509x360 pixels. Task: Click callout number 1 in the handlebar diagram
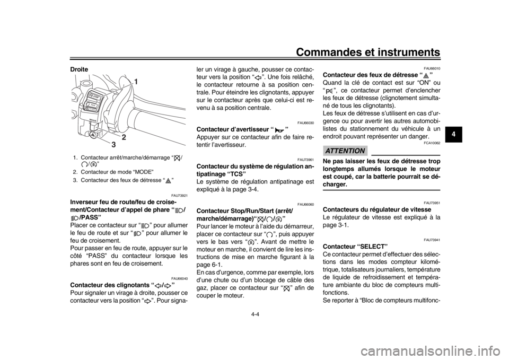(136, 81)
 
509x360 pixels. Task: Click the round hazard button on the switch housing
(93, 136)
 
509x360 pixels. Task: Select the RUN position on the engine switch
(92, 104)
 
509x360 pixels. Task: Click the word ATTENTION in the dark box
(345, 151)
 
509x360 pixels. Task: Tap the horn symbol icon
(279, 130)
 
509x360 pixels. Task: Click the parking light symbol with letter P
(329, 92)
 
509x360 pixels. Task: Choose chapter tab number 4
(453, 134)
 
